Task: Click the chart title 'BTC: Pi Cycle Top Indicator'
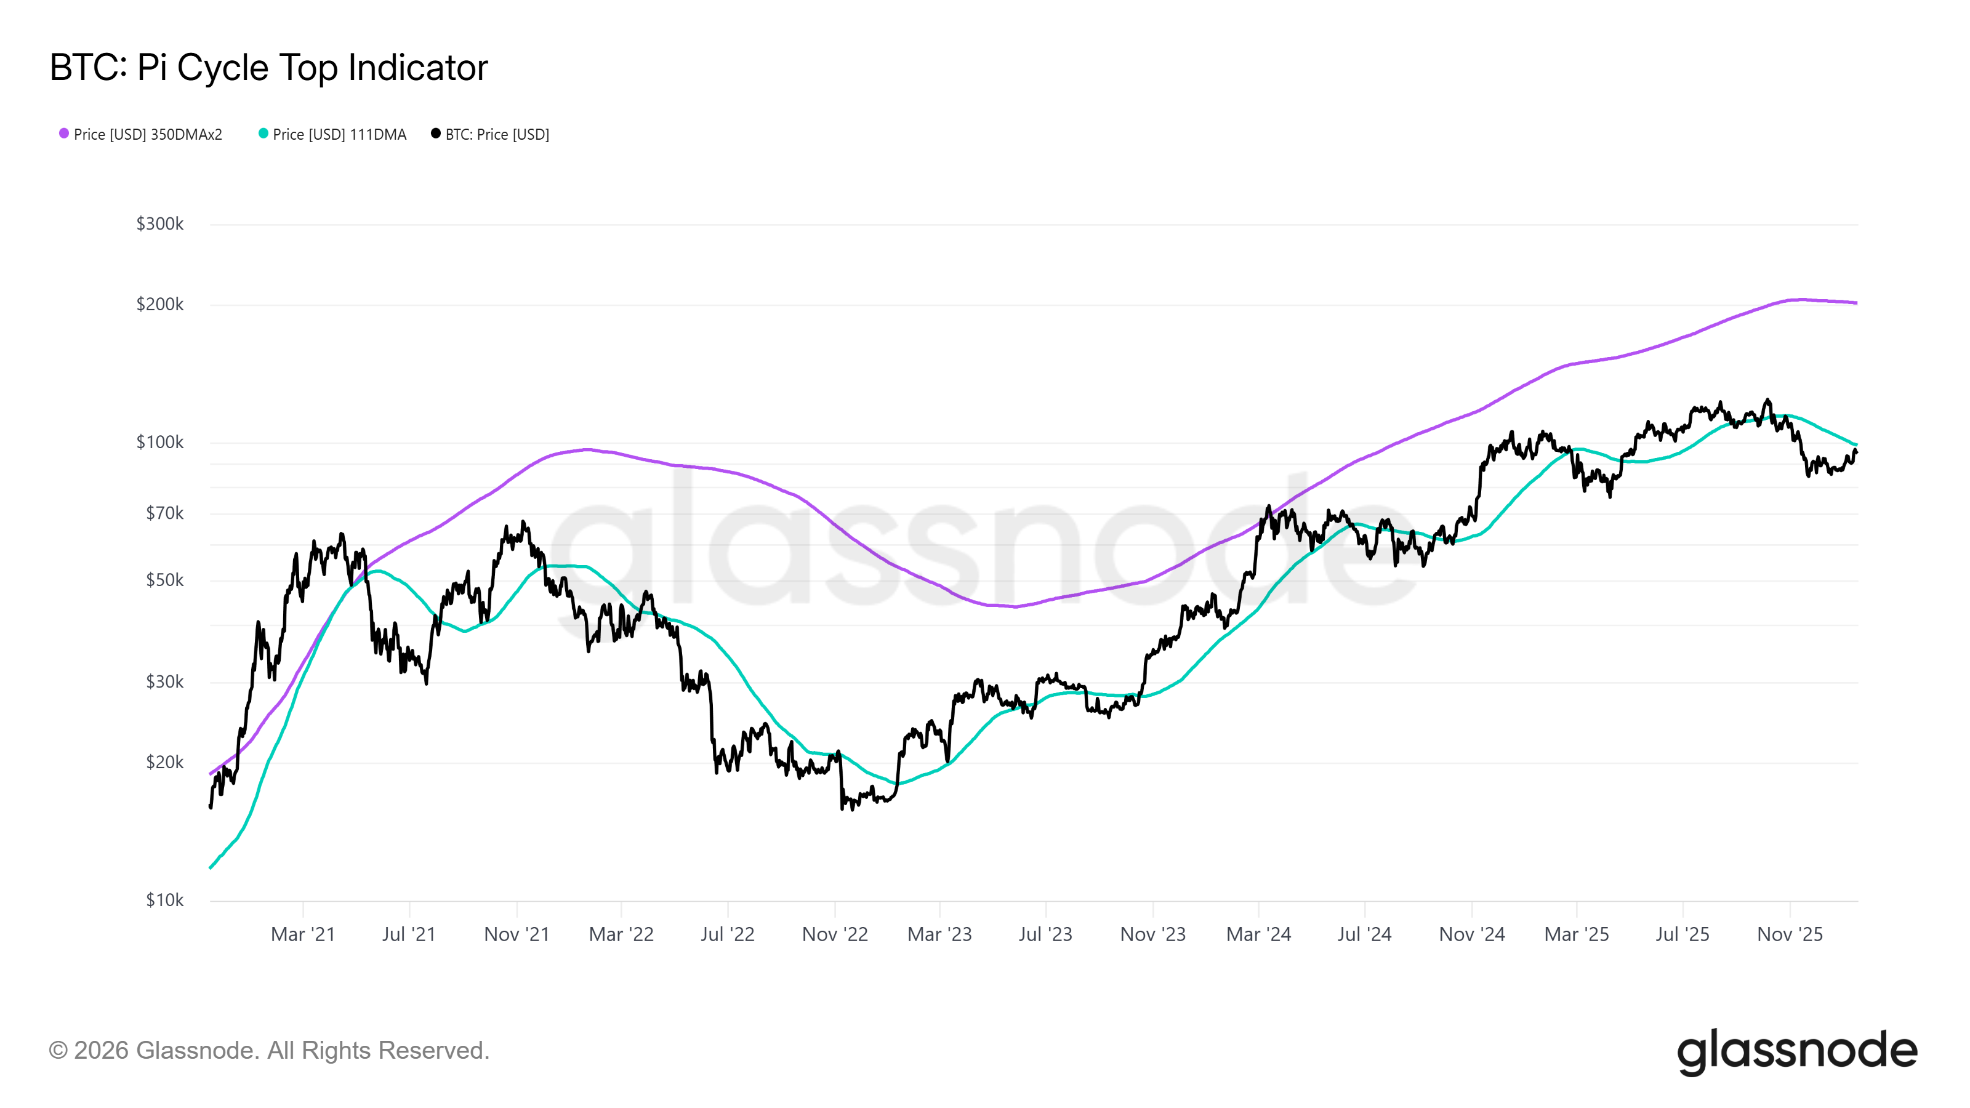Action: pos(268,68)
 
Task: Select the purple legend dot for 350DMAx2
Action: pos(64,134)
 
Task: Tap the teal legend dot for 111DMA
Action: pos(263,134)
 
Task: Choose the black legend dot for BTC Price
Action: pos(436,134)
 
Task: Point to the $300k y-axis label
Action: pos(160,224)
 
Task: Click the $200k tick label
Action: pos(160,304)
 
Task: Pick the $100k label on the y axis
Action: pos(160,442)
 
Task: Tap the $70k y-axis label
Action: pos(164,513)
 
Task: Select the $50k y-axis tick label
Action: pos(164,580)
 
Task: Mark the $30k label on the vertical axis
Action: pos(164,682)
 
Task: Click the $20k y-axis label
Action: pos(164,763)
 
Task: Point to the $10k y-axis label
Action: pos(164,900)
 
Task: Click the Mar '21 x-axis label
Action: pos(303,934)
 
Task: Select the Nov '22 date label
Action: pos(834,934)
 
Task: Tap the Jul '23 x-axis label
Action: pos(1045,934)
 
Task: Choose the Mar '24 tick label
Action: pos(1258,934)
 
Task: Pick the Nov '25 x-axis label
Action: pos(1790,934)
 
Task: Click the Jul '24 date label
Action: pos(1364,934)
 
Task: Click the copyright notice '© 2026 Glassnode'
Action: pos(268,1051)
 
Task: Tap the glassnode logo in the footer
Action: pos(1797,1052)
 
